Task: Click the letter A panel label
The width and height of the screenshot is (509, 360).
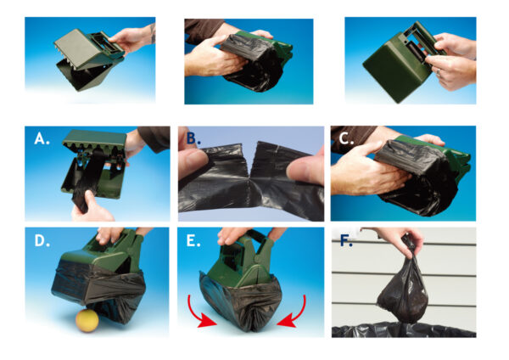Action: pos(40,140)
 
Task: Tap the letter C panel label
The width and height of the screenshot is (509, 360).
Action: pos(344,140)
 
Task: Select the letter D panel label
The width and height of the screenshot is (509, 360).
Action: pos(39,242)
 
